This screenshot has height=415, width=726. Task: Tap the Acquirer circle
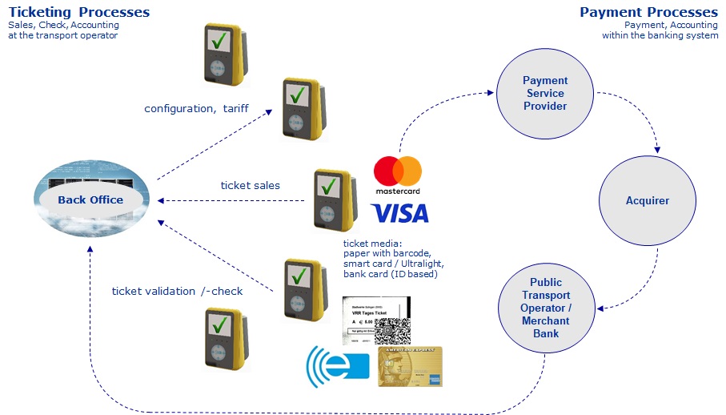pyautogui.click(x=647, y=200)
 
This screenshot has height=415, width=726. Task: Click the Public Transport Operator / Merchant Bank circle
pyautogui.click(x=545, y=308)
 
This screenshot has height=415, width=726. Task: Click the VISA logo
pyautogui.click(x=399, y=213)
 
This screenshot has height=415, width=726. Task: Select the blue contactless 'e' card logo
pyautogui.click(x=337, y=366)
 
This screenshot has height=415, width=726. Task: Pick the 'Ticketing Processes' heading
pyautogui.click(x=79, y=12)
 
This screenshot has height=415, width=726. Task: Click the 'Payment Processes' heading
pyautogui.click(x=648, y=12)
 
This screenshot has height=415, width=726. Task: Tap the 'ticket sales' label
pyautogui.click(x=250, y=185)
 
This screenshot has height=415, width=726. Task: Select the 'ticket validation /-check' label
pyautogui.click(x=177, y=291)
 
